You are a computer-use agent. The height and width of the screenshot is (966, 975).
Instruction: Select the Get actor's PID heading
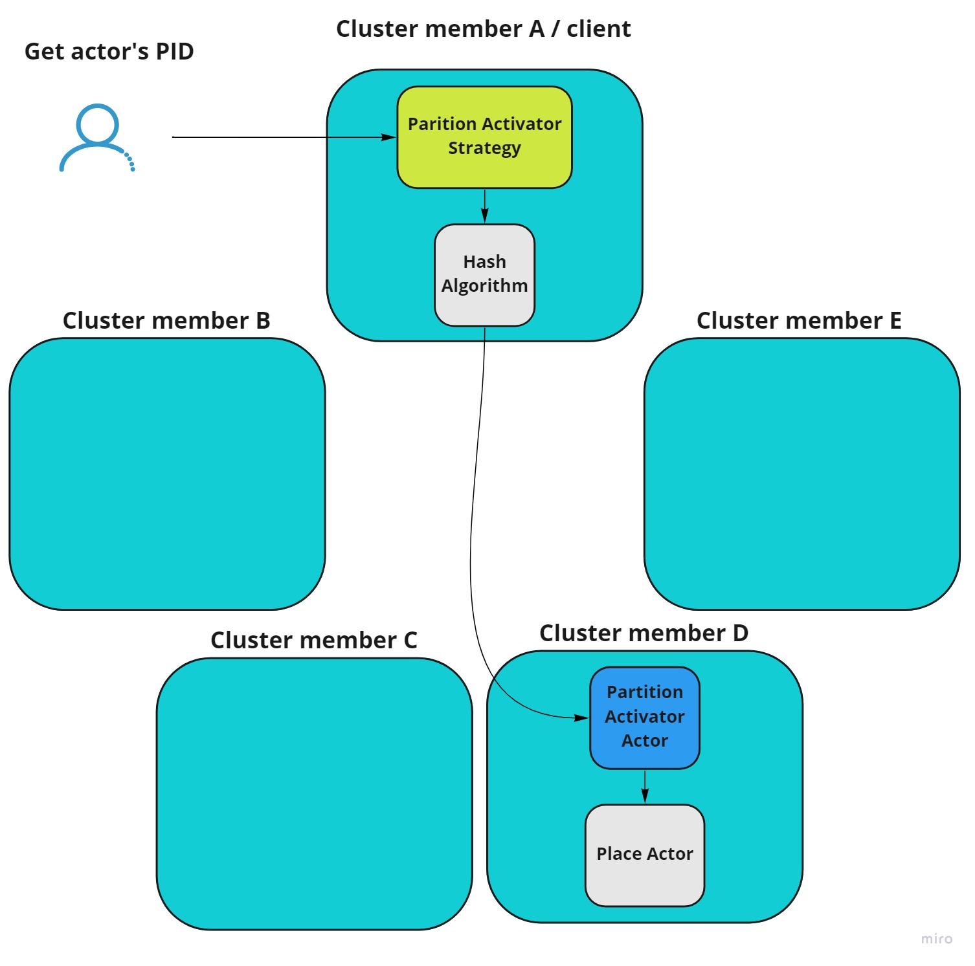(x=109, y=52)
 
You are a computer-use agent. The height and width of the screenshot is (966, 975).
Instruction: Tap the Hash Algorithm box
(x=484, y=274)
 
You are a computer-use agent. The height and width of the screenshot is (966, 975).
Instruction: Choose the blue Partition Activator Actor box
(x=644, y=717)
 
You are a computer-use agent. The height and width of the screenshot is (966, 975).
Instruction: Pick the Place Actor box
(x=644, y=854)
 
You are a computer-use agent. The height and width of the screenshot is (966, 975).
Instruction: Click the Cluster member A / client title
(x=483, y=29)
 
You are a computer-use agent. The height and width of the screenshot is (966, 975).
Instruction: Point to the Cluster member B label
(x=166, y=321)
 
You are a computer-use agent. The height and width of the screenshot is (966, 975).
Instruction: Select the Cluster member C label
(x=314, y=641)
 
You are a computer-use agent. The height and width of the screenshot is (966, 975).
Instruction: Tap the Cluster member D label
(x=644, y=633)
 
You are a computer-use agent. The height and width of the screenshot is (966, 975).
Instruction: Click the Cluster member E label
(x=799, y=321)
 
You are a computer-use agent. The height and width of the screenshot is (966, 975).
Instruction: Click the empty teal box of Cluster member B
(x=167, y=474)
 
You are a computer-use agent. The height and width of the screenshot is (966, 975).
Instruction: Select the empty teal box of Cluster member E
(x=801, y=474)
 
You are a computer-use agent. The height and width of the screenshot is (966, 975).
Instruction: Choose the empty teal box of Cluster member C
(x=314, y=794)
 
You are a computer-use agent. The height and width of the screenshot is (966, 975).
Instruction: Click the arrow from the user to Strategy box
(x=278, y=137)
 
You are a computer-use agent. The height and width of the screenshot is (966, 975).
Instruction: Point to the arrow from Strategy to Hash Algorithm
(x=485, y=206)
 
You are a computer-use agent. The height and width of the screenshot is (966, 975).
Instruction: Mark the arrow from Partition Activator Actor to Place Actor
(x=645, y=786)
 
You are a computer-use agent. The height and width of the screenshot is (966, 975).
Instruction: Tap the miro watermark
(x=936, y=939)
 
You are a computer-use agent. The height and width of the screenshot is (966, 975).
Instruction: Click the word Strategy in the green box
(x=484, y=148)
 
